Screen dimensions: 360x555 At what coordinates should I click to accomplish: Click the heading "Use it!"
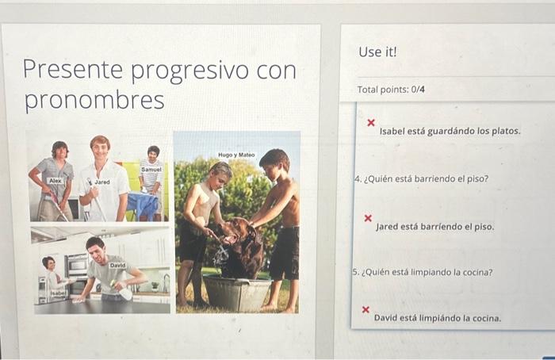(x=377, y=52)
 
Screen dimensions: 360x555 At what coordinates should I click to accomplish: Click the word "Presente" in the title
(x=73, y=71)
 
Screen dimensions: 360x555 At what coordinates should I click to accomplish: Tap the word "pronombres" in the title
(x=94, y=101)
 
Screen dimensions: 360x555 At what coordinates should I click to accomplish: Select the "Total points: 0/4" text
(x=391, y=90)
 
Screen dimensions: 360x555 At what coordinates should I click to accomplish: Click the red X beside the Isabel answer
(x=370, y=123)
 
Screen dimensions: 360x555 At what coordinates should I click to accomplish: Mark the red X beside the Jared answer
(x=367, y=217)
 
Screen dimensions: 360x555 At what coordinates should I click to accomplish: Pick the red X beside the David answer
(x=366, y=309)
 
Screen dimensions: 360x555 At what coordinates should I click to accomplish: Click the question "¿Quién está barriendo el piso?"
(x=421, y=179)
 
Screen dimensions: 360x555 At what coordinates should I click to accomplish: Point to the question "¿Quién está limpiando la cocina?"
(x=423, y=272)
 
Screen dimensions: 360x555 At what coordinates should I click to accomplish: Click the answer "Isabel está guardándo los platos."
(x=450, y=131)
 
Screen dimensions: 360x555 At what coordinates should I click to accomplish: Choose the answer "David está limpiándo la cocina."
(x=437, y=318)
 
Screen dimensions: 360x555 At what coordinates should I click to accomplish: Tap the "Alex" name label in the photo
(x=55, y=182)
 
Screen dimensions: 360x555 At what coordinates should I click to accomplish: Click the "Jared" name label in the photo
(x=102, y=182)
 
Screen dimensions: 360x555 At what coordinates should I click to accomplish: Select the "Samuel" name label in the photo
(x=151, y=170)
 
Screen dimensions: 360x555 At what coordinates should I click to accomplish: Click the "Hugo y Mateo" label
(x=236, y=155)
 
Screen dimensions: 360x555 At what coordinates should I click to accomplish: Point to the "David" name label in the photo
(x=117, y=265)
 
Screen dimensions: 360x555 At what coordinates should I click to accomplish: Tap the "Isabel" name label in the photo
(x=58, y=293)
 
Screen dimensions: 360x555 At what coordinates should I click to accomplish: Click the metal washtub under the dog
(x=237, y=293)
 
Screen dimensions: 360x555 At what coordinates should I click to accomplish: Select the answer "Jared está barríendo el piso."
(x=434, y=227)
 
